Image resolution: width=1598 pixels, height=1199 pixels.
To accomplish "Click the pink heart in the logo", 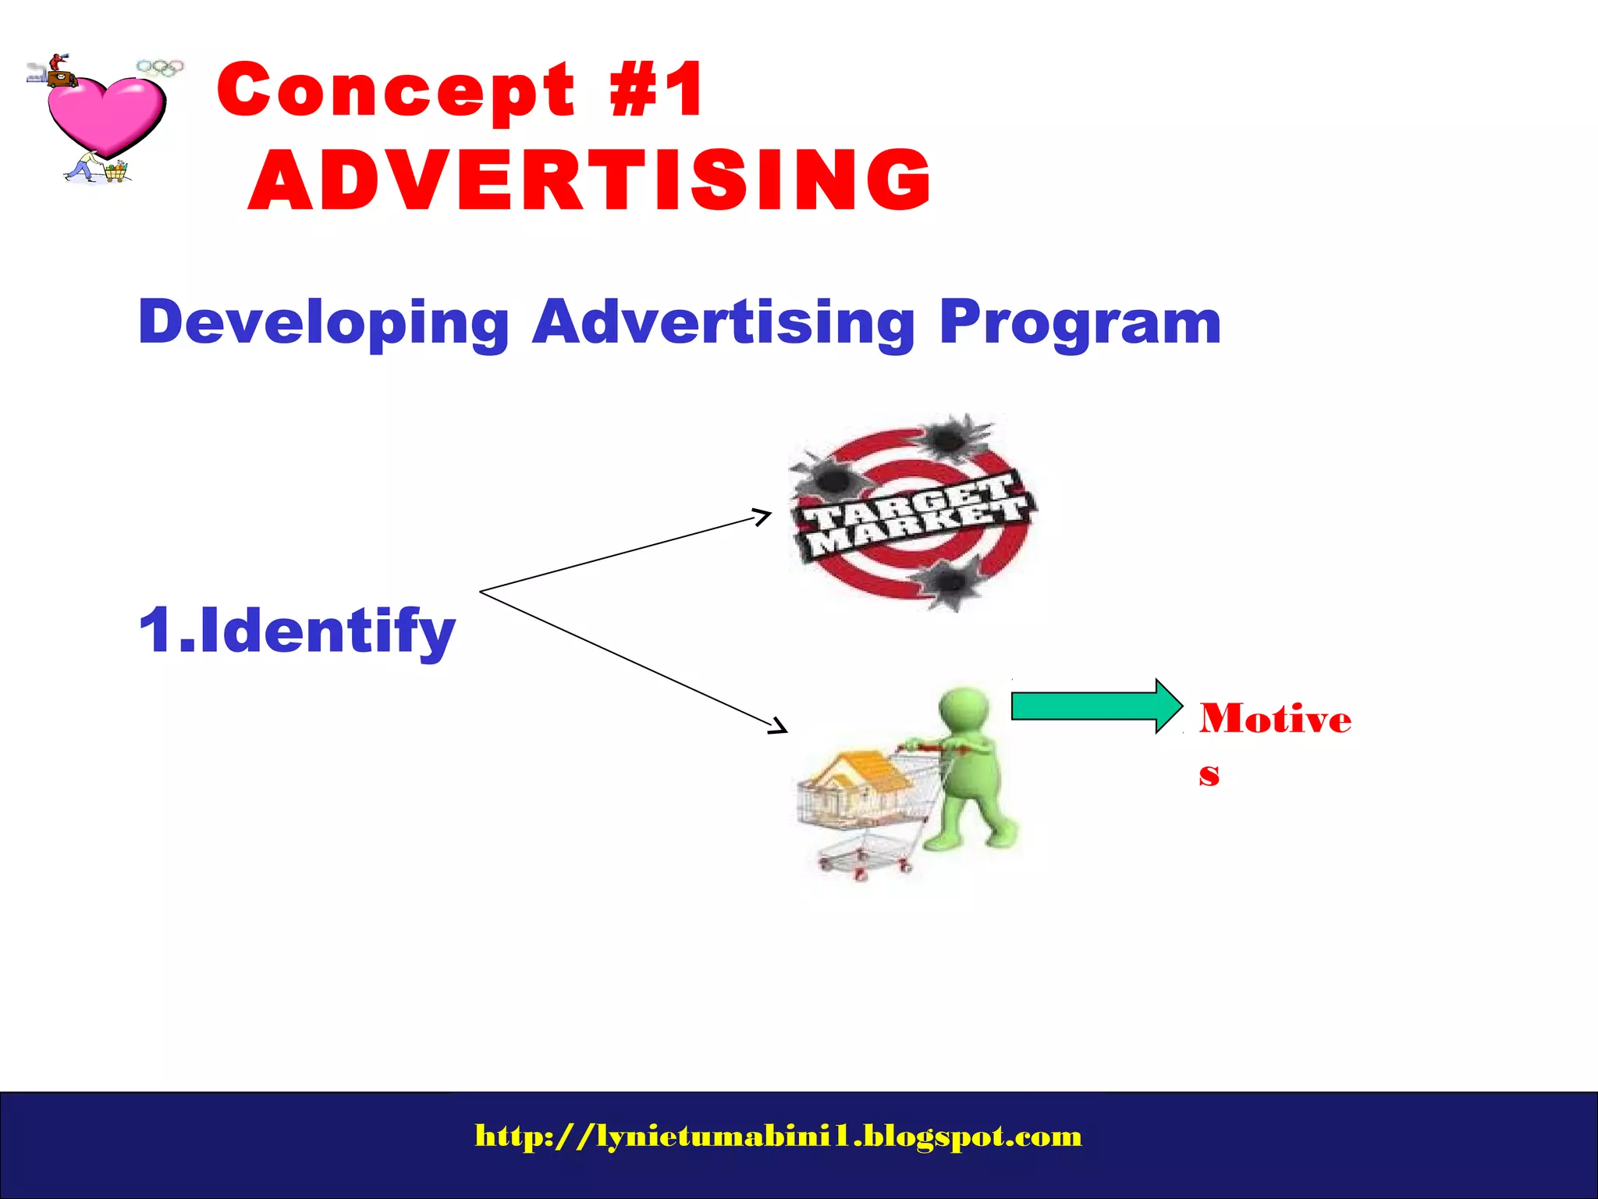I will click(x=105, y=113).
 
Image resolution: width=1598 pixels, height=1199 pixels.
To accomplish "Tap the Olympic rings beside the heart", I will click(x=160, y=67).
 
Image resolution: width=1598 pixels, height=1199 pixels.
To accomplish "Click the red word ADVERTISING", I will click(x=590, y=180).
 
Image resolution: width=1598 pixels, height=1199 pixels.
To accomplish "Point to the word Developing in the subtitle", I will click(x=323, y=322).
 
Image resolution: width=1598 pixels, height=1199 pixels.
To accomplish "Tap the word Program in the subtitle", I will click(x=1080, y=322).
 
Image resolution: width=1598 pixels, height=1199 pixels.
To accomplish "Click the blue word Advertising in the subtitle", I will click(x=723, y=322).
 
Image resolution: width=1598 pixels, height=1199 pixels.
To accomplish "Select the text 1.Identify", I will click(x=297, y=631).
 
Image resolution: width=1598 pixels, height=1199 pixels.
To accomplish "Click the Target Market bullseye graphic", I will click(x=913, y=511).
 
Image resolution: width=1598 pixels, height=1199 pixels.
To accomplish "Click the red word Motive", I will click(x=1275, y=718).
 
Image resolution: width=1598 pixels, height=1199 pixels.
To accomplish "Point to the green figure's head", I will click(x=964, y=710).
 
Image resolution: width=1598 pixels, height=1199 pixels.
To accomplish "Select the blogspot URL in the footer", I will click(x=778, y=1136).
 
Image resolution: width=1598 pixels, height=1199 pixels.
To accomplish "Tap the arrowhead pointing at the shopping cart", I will click(x=779, y=727).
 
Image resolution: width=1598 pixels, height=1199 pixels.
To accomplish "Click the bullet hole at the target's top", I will click(x=949, y=437).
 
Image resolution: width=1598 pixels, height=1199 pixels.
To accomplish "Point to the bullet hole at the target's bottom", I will click(x=949, y=582).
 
